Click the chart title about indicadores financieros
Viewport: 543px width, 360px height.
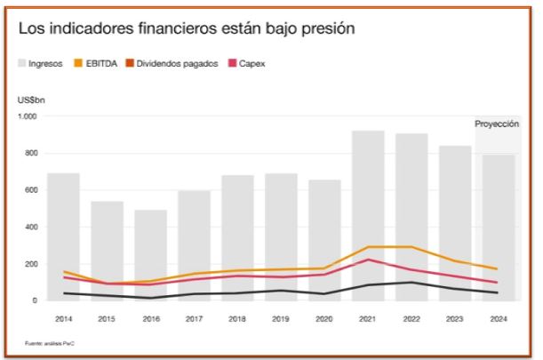187,28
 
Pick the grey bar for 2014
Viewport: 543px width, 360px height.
63,236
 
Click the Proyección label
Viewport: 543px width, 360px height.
497,124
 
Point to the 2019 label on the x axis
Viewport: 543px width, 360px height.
281,317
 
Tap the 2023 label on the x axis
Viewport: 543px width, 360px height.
454,317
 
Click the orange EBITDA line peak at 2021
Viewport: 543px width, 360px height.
368,247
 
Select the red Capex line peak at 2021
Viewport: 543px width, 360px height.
368,260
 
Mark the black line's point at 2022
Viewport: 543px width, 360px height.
411,283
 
